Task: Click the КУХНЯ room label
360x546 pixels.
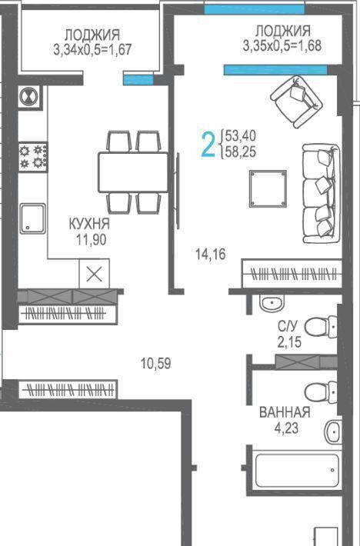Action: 89,224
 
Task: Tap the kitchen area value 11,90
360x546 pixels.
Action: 92,240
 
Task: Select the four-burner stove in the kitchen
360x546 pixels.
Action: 33,157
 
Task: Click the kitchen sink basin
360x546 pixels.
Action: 33,218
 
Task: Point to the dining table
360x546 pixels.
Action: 133,172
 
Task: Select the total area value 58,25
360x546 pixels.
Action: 241,151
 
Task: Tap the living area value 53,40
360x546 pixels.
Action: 241,135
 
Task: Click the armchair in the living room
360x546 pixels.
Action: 297,102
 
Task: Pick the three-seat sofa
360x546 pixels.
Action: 321,194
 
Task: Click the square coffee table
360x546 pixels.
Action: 268,188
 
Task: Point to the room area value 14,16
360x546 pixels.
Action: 211,255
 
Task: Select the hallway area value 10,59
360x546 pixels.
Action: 155,364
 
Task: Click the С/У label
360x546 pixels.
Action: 288,326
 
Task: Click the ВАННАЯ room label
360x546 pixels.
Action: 285,412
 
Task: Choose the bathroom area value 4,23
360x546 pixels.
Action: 286,428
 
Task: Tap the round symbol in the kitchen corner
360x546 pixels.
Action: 29,96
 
